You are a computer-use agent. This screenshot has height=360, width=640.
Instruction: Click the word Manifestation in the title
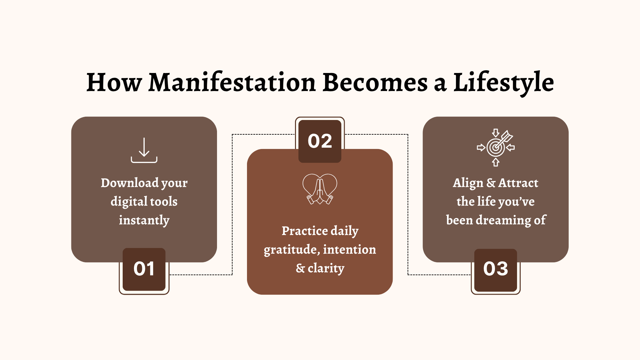coord(232,82)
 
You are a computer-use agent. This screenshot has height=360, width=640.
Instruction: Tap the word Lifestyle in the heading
coord(503,83)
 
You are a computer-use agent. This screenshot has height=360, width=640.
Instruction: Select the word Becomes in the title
coord(375,82)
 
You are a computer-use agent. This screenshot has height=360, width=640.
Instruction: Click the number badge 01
coord(144,269)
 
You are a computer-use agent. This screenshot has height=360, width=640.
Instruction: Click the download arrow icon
coord(144,150)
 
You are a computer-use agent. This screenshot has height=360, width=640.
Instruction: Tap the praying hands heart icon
coord(320,189)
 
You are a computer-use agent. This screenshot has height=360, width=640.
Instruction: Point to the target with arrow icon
coord(496,148)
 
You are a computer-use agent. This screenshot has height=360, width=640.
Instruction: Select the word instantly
coord(144,220)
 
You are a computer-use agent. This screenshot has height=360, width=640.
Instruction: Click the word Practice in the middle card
coord(305,231)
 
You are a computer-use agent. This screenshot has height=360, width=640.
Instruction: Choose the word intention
coord(349,249)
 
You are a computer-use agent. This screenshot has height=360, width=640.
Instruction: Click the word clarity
coord(326,268)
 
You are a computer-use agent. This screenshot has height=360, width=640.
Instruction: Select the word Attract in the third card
coord(518,183)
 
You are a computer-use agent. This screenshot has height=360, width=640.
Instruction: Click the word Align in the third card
coord(468,183)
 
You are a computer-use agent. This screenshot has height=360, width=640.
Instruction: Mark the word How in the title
coord(114,82)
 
